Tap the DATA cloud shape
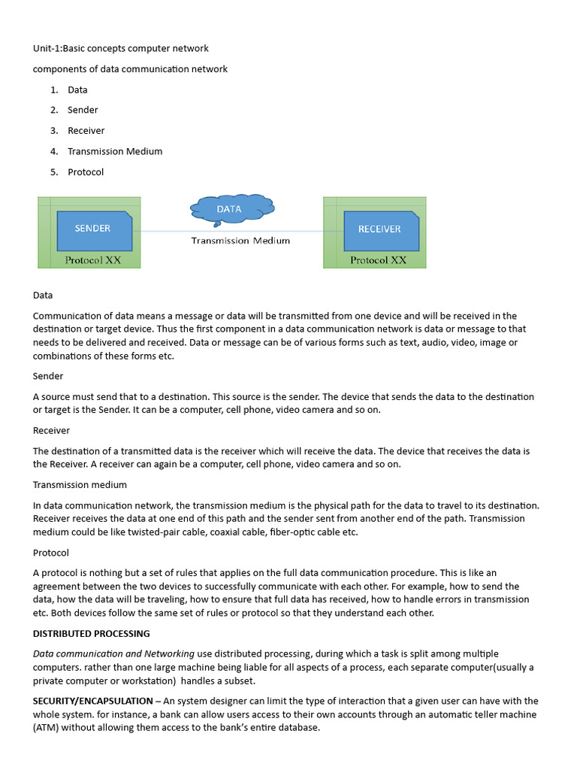(231, 209)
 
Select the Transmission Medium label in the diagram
(240, 241)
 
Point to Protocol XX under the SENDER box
(92, 260)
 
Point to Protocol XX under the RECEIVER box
(378, 260)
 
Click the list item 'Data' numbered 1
(77, 89)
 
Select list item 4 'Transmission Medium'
(115, 151)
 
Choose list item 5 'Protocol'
(86, 172)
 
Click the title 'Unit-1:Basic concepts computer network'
(121, 48)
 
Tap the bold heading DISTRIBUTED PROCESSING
(92, 634)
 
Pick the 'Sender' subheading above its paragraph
(48, 376)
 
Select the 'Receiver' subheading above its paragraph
(51, 430)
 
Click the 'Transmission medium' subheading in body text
(80, 485)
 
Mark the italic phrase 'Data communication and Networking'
(113, 653)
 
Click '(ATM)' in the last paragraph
(47, 728)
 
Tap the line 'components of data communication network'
(130, 69)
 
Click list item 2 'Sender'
(83, 110)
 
